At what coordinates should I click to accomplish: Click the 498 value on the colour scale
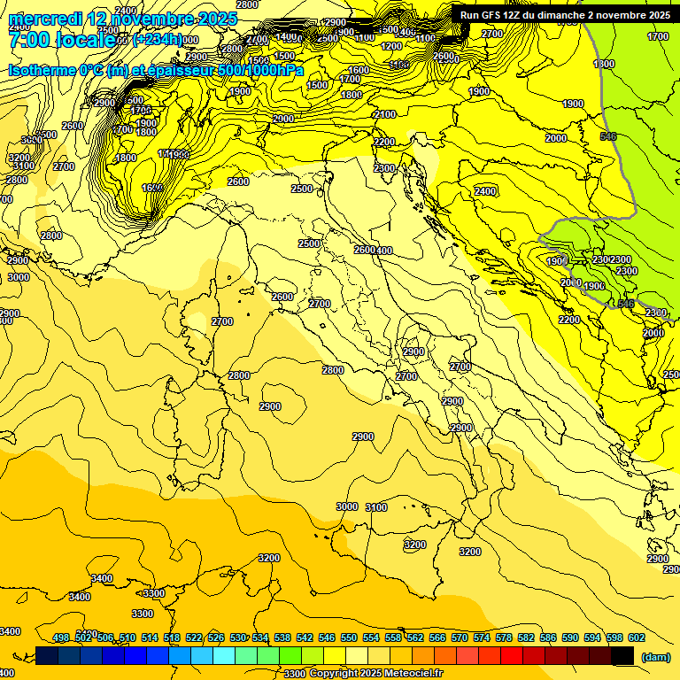click(x=61, y=638)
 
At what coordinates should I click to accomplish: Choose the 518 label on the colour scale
click(x=172, y=638)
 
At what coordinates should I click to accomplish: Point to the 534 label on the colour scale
click(x=260, y=638)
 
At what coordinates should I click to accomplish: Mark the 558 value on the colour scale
click(x=393, y=638)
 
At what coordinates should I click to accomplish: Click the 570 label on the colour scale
click(x=460, y=638)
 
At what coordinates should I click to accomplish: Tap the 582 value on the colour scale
click(x=526, y=638)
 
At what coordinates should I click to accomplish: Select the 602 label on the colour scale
click(x=637, y=638)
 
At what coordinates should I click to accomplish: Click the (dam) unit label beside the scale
click(x=655, y=656)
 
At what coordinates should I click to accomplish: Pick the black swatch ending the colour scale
click(x=623, y=656)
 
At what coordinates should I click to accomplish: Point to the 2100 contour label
click(x=385, y=115)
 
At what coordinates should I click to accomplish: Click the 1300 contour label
click(x=604, y=65)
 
